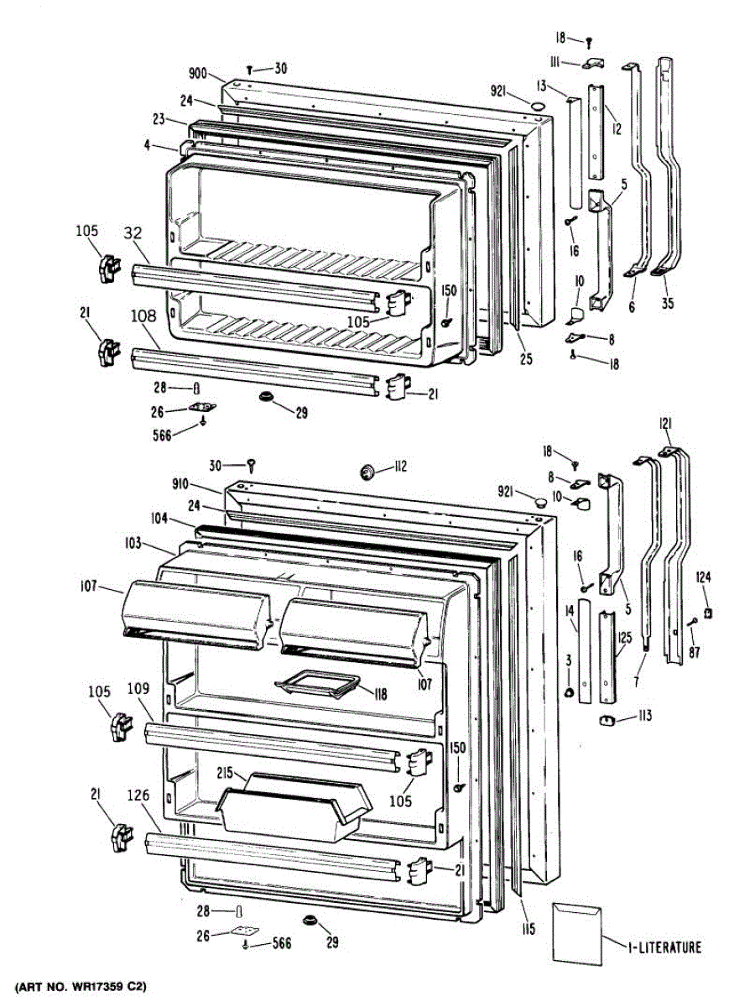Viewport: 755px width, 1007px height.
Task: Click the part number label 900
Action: pyautogui.click(x=198, y=74)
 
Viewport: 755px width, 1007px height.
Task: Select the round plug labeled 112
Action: pyautogui.click(x=367, y=472)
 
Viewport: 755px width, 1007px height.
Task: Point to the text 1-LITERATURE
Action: pyautogui.click(x=664, y=947)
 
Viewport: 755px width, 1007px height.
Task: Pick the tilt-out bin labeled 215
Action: pyautogui.click(x=294, y=807)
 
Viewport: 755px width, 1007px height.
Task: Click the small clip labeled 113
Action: pyautogui.click(x=607, y=719)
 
